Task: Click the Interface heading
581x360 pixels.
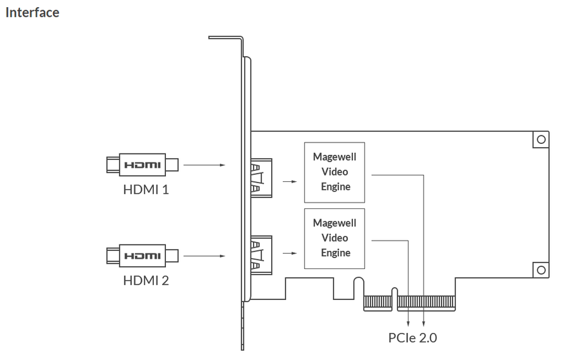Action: coord(32,12)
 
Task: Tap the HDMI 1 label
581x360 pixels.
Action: coord(146,190)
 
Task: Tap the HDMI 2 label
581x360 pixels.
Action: coord(146,281)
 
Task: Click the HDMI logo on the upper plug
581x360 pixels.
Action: coord(143,165)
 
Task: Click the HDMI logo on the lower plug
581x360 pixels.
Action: coord(143,256)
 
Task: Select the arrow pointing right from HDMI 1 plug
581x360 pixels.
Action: coord(204,165)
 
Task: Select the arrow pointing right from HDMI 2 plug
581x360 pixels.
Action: coord(204,256)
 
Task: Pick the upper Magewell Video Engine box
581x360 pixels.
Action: coord(334,173)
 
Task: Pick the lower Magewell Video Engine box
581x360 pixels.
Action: coord(334,239)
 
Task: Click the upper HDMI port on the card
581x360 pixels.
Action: coord(261,178)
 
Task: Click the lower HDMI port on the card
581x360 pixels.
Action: coord(261,255)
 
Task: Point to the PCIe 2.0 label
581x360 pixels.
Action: coord(413,338)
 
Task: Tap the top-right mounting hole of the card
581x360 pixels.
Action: coord(541,139)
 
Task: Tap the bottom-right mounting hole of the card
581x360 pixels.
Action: coord(541,270)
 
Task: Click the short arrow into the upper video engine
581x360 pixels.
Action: coord(290,181)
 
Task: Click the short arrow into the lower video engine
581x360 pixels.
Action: coord(290,254)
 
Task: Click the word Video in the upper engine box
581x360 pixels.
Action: coord(334,172)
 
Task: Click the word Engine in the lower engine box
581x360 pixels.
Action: coord(336,253)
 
